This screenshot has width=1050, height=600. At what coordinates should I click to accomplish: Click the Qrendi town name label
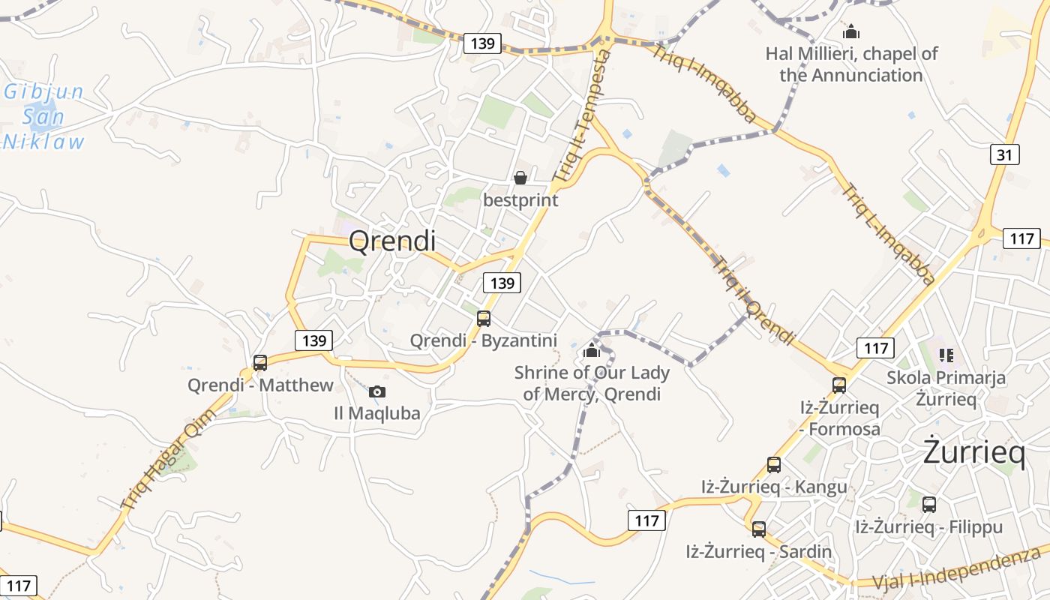tap(392, 241)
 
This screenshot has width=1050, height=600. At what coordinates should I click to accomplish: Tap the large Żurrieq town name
tap(973, 452)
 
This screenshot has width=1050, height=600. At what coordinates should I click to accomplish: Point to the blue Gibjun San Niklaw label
tap(43, 117)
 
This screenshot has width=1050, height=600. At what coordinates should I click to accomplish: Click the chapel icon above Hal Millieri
tap(851, 32)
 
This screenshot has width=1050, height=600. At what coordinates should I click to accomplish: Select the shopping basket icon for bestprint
tap(520, 178)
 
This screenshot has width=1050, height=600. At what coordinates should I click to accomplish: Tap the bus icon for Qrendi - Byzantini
tap(484, 318)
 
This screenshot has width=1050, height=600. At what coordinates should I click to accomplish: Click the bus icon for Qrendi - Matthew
tap(260, 363)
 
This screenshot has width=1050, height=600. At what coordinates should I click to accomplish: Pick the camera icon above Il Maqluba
tap(377, 391)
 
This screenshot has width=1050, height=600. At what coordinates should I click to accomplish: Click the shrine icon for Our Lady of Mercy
tap(592, 349)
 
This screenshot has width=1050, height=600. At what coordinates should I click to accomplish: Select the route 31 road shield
tap(1005, 155)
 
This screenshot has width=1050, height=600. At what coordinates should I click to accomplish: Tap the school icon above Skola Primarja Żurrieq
tap(946, 355)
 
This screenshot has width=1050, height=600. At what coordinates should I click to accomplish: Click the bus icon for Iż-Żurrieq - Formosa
tap(839, 385)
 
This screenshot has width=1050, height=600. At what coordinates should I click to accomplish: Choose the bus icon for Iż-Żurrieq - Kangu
tap(774, 465)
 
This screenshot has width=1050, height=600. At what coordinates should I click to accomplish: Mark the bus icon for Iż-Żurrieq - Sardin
tap(759, 529)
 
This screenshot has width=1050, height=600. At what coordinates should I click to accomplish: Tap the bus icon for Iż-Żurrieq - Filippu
tap(929, 505)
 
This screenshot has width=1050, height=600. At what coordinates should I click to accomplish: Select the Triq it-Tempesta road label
tap(583, 116)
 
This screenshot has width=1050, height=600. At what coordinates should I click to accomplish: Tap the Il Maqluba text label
tap(377, 413)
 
